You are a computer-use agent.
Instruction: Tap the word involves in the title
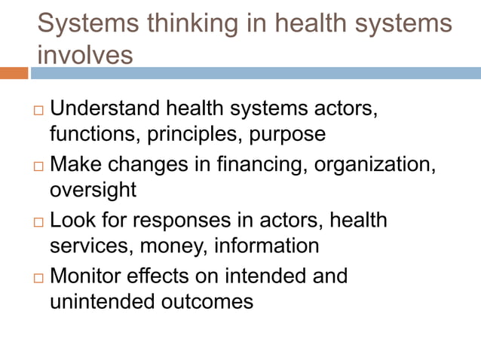coord(84,55)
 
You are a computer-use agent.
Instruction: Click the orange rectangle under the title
coord(14,73)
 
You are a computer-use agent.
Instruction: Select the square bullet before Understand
coord(39,111)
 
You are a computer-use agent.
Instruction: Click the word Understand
coord(106,108)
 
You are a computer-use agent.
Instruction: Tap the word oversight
coord(93,191)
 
